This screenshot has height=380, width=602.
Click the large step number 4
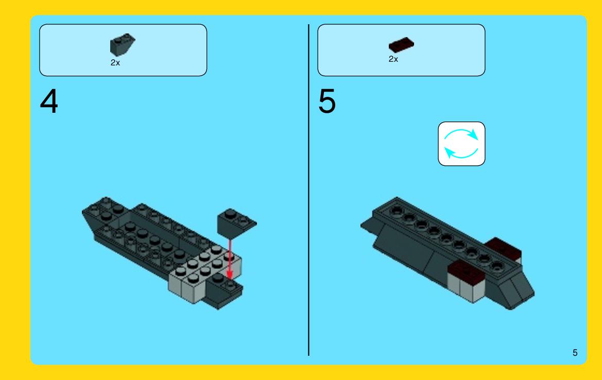[x=49, y=101]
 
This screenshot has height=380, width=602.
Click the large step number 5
[x=326, y=101]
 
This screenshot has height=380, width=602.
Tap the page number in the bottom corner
[x=575, y=353]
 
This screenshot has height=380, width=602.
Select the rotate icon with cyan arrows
[x=461, y=144]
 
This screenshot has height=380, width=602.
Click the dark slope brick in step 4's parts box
[x=123, y=44]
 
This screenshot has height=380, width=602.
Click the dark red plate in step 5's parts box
[x=401, y=45]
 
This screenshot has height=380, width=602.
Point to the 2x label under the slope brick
[x=115, y=63]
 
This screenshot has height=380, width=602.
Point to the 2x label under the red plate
[x=393, y=59]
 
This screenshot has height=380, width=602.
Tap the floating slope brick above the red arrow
[x=236, y=224]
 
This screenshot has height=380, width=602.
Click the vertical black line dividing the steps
[x=308, y=190]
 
